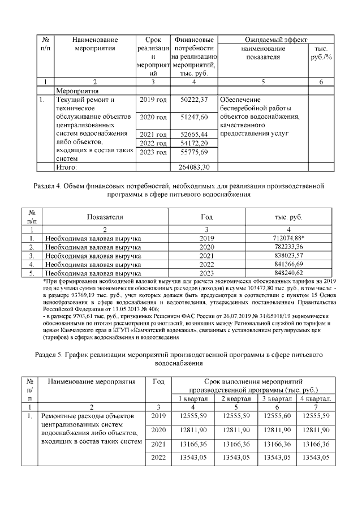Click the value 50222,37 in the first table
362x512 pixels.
coord(194,100)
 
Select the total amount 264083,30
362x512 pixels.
coord(194,167)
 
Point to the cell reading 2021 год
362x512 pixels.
coord(153,134)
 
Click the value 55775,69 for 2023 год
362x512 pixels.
coord(194,153)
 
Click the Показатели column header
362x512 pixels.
coord(105,217)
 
